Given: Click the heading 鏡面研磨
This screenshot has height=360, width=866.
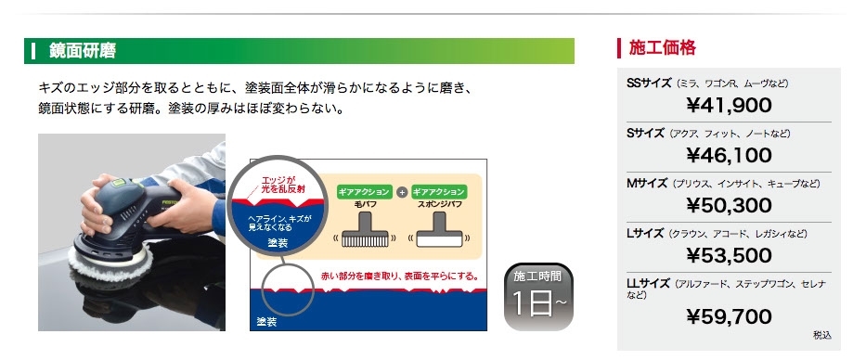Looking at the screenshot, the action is pos(83,51).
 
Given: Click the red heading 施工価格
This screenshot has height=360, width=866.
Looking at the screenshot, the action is pos(662,48).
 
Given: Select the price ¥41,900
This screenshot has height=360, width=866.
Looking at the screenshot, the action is pos(729,105).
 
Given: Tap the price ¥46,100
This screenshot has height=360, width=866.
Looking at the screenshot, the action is pos(729,155).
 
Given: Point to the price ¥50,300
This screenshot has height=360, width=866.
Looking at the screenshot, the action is pos(729,205).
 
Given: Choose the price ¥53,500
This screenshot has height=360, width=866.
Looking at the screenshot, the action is pos(729,256).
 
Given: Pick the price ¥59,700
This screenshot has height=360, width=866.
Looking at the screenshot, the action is pos(729,316).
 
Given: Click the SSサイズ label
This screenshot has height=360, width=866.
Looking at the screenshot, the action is pos(649,84).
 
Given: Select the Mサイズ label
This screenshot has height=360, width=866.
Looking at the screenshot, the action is pos(647,184).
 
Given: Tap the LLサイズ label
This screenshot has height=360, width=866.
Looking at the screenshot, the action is pos(649,284).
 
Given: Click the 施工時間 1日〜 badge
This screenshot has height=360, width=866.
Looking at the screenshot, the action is pos(538,297).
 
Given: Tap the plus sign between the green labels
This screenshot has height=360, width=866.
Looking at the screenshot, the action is pos(402,192).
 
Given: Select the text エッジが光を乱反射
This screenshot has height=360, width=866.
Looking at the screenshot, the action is pos(283,185).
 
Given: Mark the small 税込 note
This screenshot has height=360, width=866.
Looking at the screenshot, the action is pos(821,335).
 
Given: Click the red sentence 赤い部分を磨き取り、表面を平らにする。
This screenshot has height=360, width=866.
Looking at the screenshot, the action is pos(399,276).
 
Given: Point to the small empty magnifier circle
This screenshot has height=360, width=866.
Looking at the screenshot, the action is pos(287,289).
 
